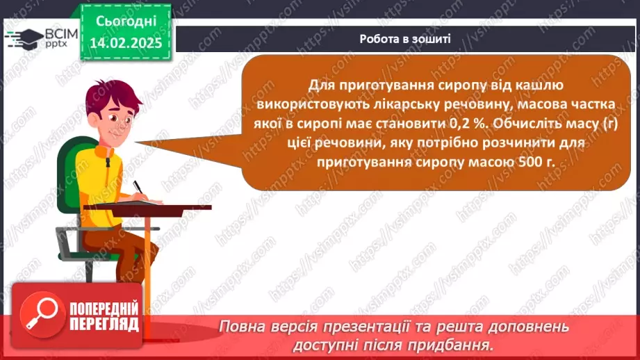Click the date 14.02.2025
pyautogui.click(x=126, y=43)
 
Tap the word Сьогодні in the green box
pyautogui.click(x=126, y=21)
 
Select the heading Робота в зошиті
pyautogui.click(x=405, y=39)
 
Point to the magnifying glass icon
pyautogui.click(x=42, y=314)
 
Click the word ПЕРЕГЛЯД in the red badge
pyautogui.click(x=104, y=325)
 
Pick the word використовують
pyautogui.click(x=313, y=104)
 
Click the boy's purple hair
pyautogui.click(x=111, y=96)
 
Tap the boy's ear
pyautogui.click(x=95, y=117)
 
